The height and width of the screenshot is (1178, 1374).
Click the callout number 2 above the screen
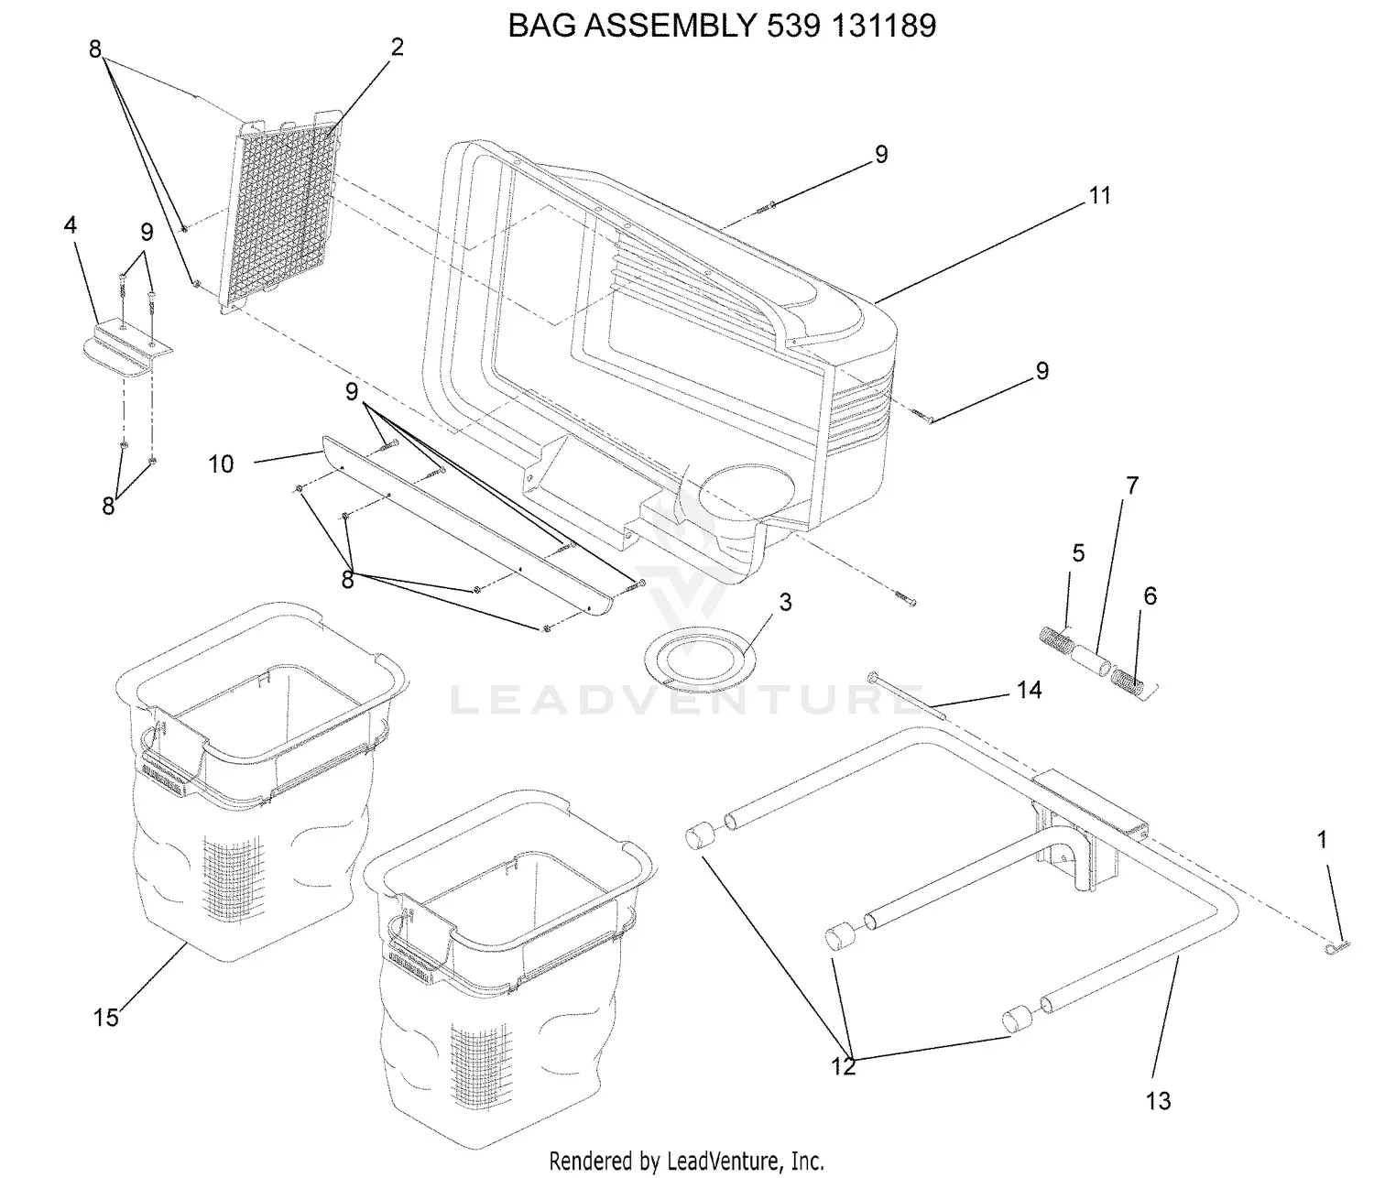(x=397, y=48)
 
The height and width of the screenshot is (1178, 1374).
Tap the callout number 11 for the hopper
(x=1100, y=195)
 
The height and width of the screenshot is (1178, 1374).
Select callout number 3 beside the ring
(x=786, y=603)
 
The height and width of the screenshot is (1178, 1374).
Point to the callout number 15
(x=105, y=1018)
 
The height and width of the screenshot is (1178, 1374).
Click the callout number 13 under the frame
(x=1158, y=1101)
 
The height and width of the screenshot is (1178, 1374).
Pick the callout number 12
(x=843, y=1066)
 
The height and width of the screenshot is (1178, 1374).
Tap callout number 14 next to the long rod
(x=1029, y=690)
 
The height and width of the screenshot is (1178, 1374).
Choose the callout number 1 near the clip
(x=1322, y=840)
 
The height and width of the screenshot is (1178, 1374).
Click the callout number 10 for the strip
(x=221, y=464)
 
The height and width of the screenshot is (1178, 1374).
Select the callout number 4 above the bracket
(x=70, y=224)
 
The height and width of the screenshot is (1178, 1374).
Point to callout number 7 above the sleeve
(x=1132, y=485)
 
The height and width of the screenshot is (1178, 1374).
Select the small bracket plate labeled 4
(x=127, y=350)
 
